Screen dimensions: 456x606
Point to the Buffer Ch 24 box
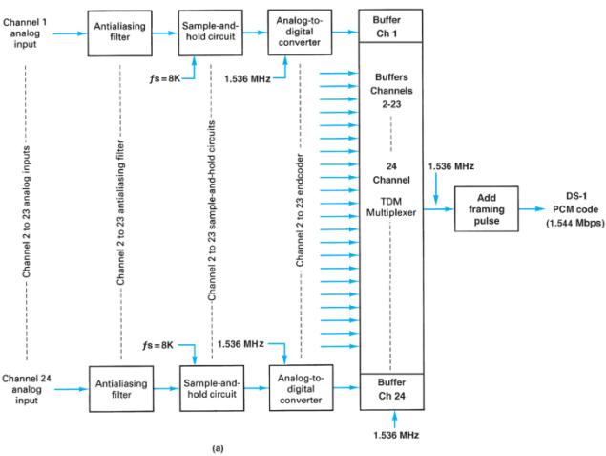(x=394, y=388)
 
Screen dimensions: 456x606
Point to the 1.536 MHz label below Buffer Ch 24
(x=394, y=436)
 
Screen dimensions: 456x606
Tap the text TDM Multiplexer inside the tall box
(x=393, y=203)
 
